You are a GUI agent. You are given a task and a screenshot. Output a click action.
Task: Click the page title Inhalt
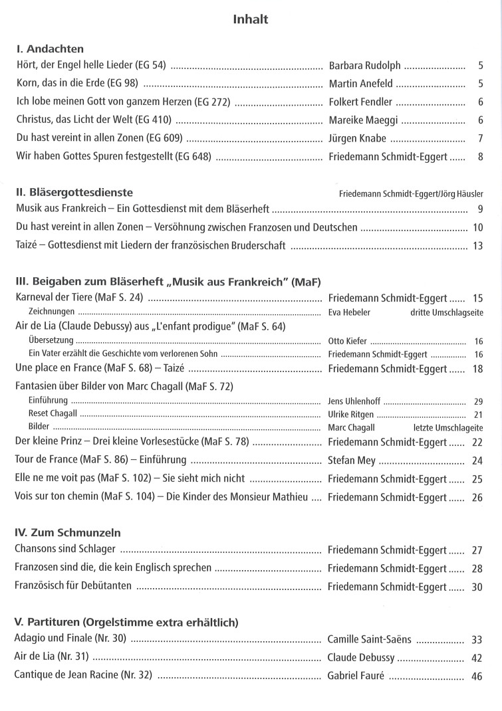click(x=251, y=19)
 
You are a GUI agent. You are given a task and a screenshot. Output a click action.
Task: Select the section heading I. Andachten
click(x=50, y=49)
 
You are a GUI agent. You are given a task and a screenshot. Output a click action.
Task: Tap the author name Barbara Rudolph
click(x=364, y=66)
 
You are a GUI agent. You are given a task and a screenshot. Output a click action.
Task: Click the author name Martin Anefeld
click(x=360, y=84)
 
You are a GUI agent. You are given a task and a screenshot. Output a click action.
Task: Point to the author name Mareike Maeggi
click(x=363, y=120)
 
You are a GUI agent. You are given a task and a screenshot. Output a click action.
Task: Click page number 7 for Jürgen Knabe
click(x=479, y=138)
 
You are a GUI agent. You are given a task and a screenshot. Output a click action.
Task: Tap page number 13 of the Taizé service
click(x=477, y=246)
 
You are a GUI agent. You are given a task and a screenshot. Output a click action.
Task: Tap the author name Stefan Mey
click(x=352, y=460)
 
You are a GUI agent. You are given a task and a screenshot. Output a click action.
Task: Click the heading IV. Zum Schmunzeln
click(x=67, y=533)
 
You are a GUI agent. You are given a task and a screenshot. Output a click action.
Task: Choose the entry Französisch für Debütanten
click(x=73, y=586)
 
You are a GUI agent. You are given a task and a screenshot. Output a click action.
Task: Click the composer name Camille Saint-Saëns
click(x=369, y=639)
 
